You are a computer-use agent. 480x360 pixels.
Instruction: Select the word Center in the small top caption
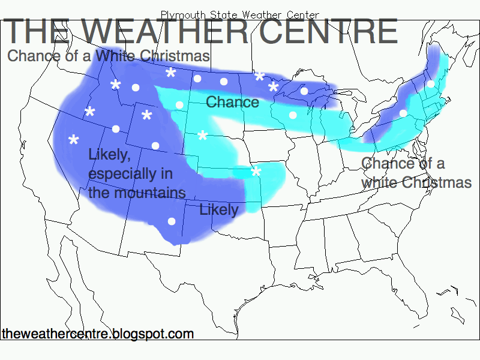coord(303,14)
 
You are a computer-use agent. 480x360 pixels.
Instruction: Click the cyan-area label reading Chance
coord(232,102)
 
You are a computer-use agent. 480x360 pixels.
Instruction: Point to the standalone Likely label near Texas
coord(218,210)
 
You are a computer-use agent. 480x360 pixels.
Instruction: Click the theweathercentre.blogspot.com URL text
coord(98,334)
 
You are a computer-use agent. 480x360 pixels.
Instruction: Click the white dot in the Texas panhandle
coord(171,221)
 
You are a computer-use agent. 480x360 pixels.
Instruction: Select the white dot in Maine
coord(430,84)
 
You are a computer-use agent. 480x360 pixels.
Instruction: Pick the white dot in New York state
coord(403,113)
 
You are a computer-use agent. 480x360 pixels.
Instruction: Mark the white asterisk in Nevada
coord(74,141)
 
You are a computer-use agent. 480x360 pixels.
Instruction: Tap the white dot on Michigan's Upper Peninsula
coord(304,91)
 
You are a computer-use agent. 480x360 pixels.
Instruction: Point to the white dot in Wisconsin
coord(292,115)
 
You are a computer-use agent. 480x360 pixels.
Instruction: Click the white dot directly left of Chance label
coord(179,105)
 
